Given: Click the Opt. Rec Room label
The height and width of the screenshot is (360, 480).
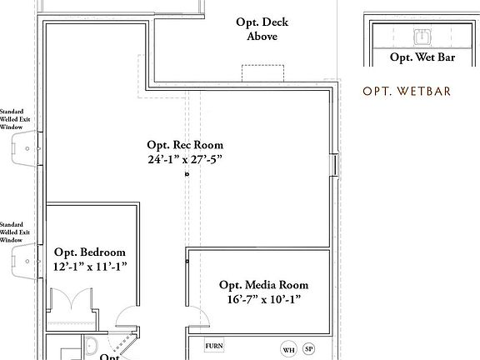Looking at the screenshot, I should (185, 145).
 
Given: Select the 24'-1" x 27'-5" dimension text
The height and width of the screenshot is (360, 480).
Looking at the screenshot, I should (185, 158).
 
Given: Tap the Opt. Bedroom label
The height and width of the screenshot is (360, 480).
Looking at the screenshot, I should (90, 252).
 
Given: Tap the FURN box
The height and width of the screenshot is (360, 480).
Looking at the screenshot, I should (215, 345).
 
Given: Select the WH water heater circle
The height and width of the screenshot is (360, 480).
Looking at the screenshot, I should (288, 349).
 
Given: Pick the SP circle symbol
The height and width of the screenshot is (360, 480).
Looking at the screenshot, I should (309, 349).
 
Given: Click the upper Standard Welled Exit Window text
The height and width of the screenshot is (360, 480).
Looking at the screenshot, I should (12, 118).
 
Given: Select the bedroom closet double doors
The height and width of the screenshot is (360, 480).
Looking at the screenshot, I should (67, 299).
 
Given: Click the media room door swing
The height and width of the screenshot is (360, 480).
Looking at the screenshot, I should (198, 317).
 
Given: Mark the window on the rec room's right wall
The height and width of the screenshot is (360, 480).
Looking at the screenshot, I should (335, 164).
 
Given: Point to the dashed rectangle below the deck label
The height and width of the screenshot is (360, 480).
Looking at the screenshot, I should (259, 73).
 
